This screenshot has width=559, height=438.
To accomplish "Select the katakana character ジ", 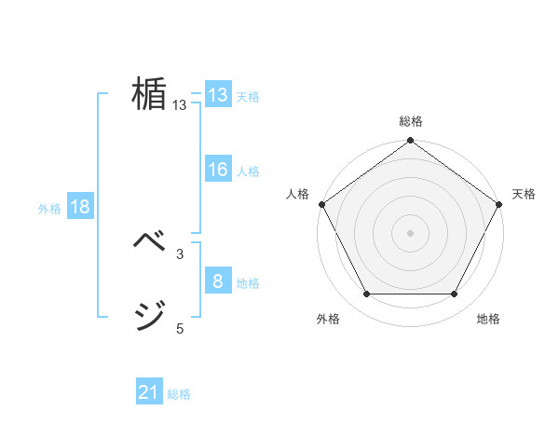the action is coord(149,314).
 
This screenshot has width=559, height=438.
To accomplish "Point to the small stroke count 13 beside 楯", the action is coord(180,105).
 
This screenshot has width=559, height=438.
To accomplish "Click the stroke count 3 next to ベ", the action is coord(180,253).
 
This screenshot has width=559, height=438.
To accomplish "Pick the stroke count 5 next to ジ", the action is coord(180,328).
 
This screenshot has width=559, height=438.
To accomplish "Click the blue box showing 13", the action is coord(218,95).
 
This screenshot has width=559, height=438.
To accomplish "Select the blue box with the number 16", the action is coord(218,170).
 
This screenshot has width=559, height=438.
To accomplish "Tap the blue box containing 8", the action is coord(218,281).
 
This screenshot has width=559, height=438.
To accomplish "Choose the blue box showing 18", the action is coord(80,207).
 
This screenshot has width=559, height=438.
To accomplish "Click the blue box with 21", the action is coord(149,392).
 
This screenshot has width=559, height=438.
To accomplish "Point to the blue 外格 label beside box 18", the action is coord(49,209).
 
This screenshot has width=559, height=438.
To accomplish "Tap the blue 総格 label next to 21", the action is coord(179,394).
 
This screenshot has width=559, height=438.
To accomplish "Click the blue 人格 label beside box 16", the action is coord(248,171).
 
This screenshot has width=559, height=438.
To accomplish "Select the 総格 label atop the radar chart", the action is coord(410,121).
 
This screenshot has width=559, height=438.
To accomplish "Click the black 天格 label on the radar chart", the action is coord(524,194).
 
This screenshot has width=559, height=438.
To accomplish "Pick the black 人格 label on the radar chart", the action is coord(297,194).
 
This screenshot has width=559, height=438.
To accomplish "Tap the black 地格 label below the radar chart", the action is coord(488,319).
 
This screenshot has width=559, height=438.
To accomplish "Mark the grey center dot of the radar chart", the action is coord(410,232).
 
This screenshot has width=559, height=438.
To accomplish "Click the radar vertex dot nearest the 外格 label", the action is coord(366,294).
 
